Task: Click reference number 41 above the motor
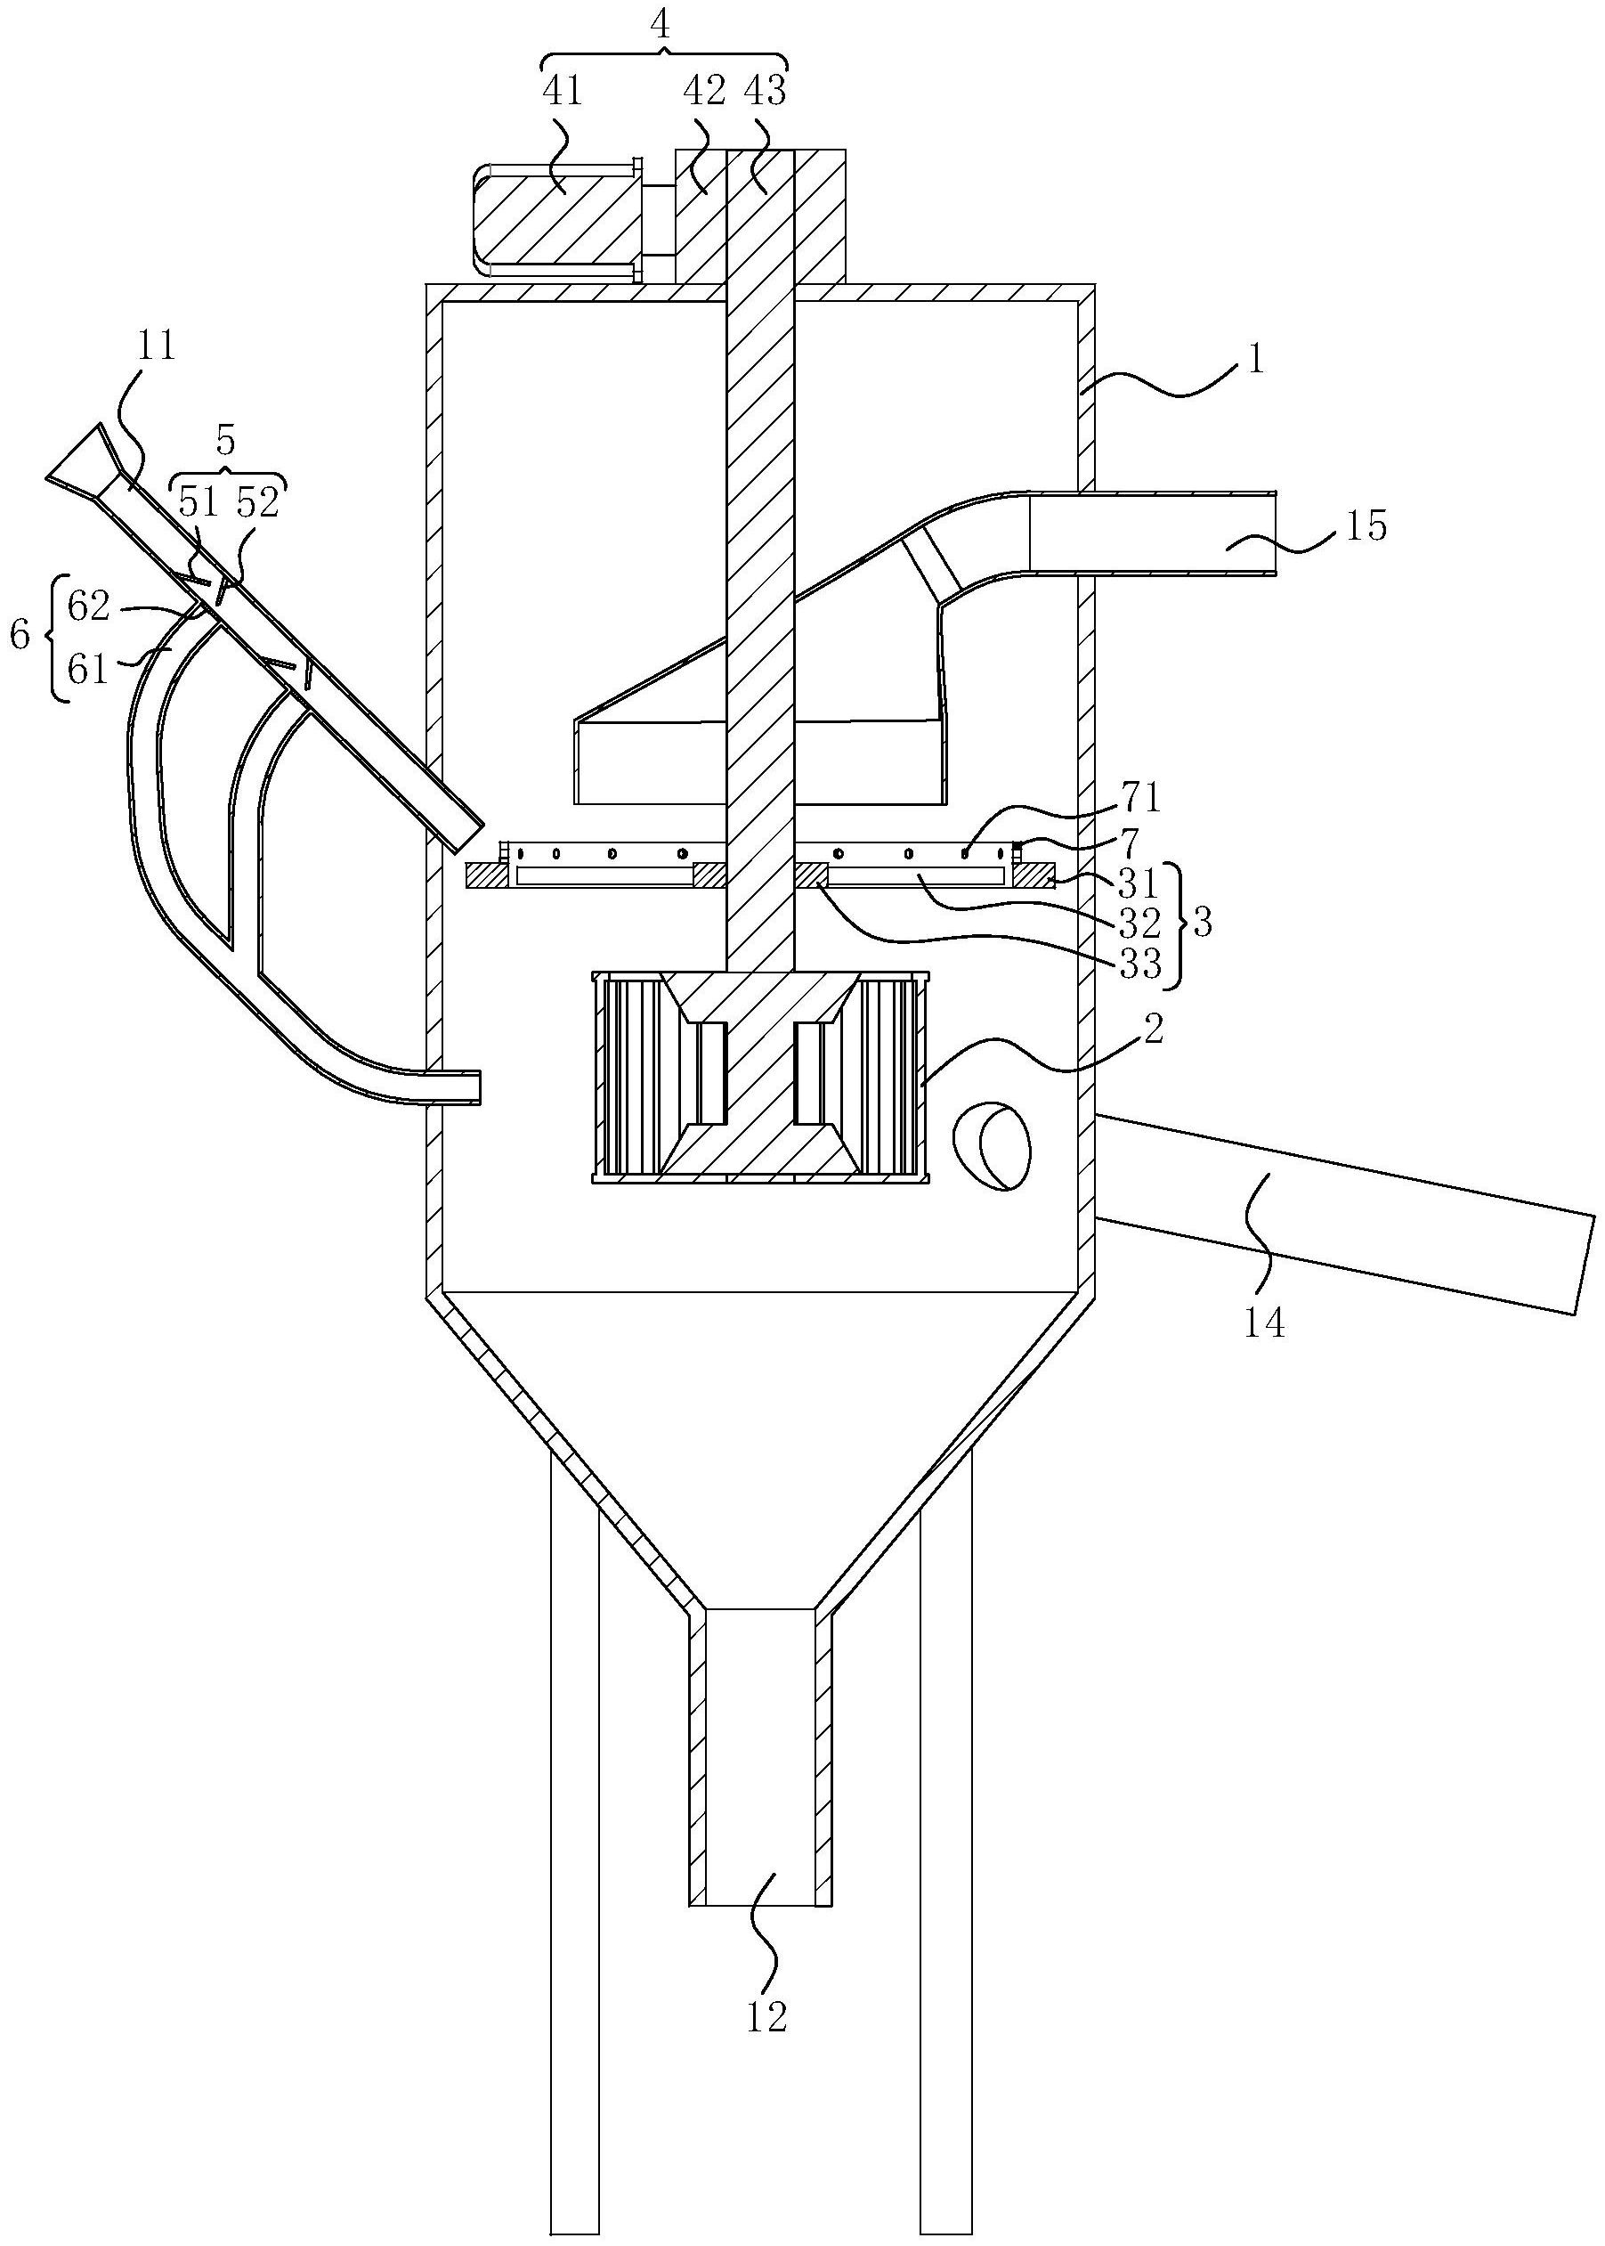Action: coord(563,92)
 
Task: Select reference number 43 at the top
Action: coord(765,92)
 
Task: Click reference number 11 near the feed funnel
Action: coord(156,347)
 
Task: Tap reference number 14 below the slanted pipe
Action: coord(1265,1322)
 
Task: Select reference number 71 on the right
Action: coord(1140,797)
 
